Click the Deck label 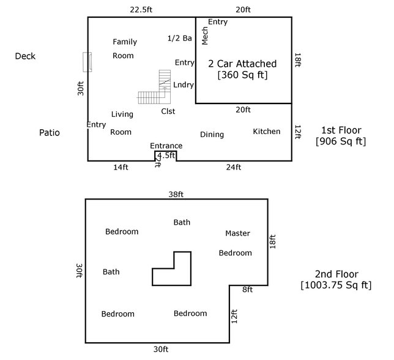26,56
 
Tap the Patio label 50,132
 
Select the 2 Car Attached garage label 242,64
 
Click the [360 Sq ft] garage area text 242,75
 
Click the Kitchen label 267,132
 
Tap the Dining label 212,135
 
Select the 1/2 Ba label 180,39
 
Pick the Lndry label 183,84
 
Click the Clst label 168,111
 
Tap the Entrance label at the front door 166,146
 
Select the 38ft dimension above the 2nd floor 176,194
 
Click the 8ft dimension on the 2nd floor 247,290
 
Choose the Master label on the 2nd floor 237,233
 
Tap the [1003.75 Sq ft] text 336,285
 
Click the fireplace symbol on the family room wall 87,62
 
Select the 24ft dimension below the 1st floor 234,167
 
